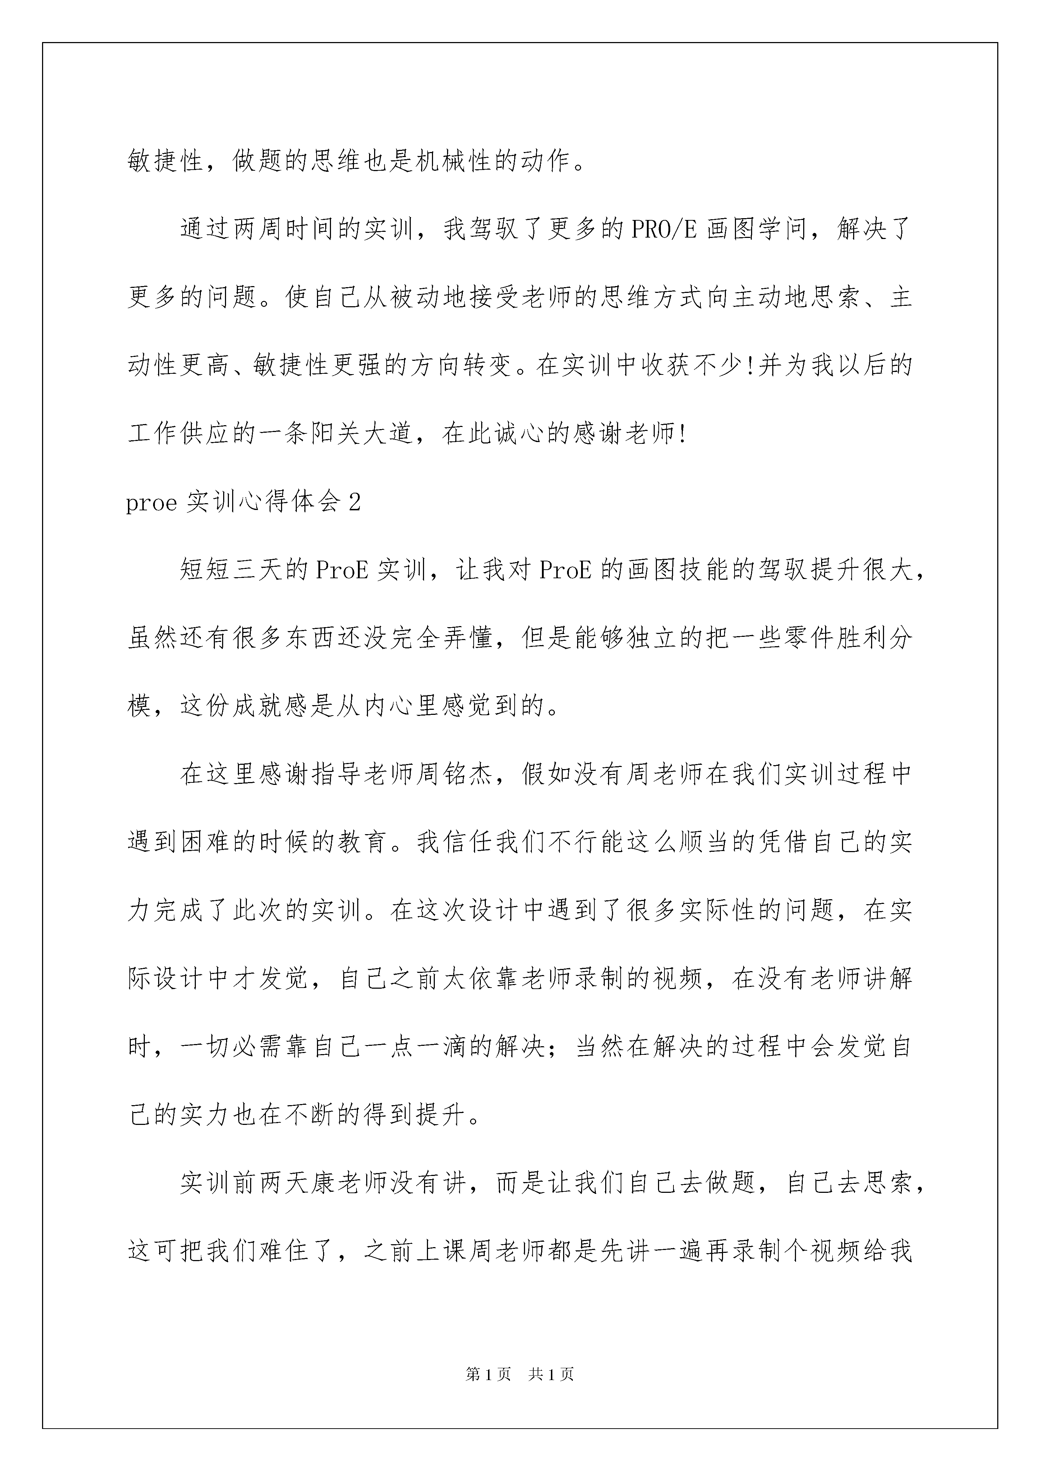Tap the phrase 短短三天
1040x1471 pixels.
point(231,570)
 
